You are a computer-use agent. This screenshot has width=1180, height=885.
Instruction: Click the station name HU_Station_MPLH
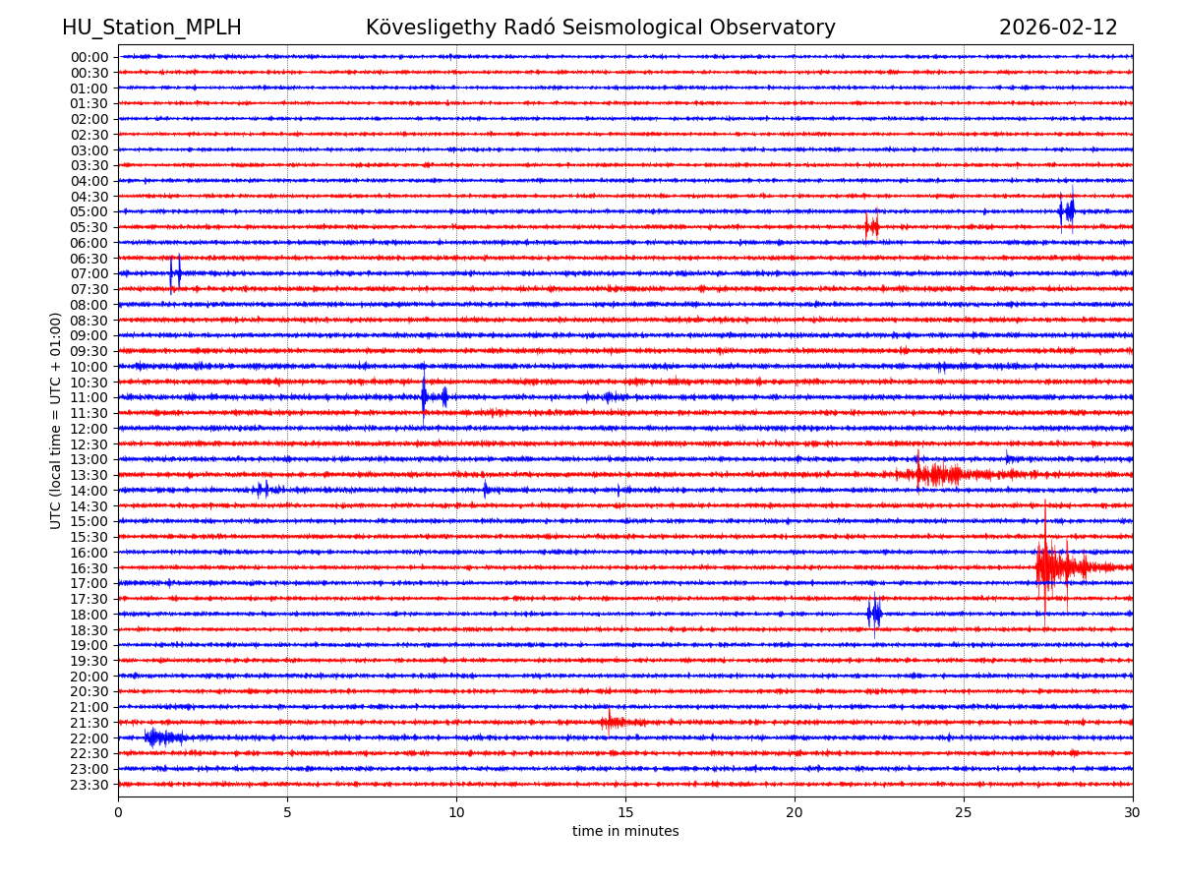click(x=151, y=28)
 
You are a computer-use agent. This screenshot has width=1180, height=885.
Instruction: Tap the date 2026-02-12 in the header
click(x=1058, y=28)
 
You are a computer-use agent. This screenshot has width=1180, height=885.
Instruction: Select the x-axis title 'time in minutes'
click(x=625, y=832)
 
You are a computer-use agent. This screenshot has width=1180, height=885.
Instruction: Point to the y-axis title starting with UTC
click(x=56, y=420)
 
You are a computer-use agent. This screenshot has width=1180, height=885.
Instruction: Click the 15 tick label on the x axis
click(x=625, y=812)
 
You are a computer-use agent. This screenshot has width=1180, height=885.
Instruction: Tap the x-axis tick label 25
click(x=964, y=812)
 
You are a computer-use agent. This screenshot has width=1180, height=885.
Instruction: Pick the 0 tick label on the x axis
click(x=118, y=812)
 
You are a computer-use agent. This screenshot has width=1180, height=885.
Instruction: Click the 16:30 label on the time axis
click(x=89, y=567)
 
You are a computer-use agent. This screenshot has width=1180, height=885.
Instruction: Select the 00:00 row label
click(x=89, y=57)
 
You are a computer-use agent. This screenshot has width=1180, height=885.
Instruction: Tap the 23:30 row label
click(x=89, y=785)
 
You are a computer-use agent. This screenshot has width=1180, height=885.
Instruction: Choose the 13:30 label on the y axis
click(x=89, y=475)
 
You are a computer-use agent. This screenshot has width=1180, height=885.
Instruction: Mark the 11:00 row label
click(x=89, y=397)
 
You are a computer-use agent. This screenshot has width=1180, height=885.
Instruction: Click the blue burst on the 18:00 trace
click(x=874, y=614)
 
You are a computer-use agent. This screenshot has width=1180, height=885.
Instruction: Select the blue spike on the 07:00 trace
click(x=175, y=272)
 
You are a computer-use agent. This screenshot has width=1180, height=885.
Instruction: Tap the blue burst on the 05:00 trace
click(x=1067, y=210)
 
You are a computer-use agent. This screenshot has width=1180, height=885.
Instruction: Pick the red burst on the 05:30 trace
click(x=871, y=226)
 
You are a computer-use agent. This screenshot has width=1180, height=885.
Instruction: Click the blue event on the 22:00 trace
click(x=157, y=737)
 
